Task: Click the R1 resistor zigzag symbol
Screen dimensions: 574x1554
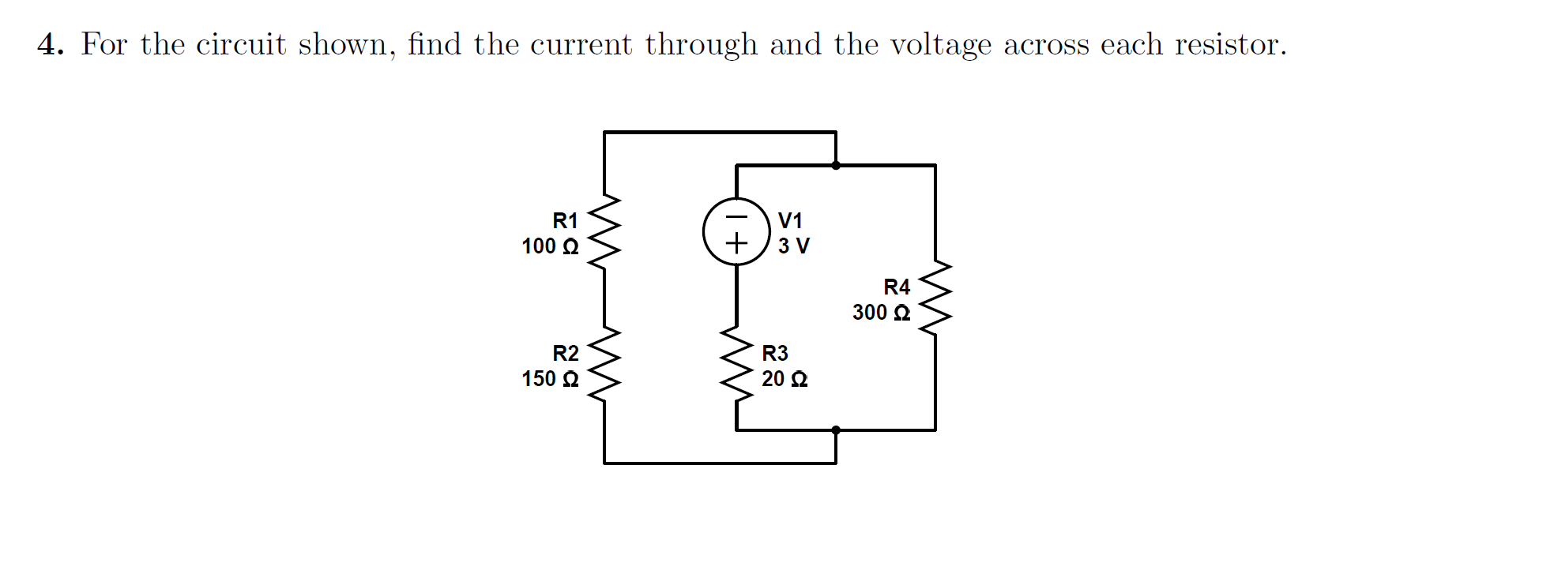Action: click(x=604, y=233)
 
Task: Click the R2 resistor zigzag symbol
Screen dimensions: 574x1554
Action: click(x=604, y=366)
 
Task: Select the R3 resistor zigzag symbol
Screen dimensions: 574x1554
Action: click(x=736, y=366)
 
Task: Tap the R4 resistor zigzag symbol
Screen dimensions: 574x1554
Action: click(x=935, y=299)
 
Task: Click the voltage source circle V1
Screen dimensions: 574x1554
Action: click(x=736, y=232)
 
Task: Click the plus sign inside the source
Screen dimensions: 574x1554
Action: click(x=736, y=243)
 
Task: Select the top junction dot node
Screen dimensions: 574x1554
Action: click(x=836, y=165)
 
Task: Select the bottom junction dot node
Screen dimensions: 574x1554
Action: click(x=836, y=430)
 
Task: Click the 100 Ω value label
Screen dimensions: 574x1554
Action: click(x=550, y=246)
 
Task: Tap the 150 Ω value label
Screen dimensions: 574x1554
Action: click(x=550, y=379)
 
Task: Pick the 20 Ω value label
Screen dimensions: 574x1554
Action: click(x=784, y=379)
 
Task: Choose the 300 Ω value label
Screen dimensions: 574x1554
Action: click(x=881, y=313)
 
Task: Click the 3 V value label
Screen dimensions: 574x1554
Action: click(x=793, y=246)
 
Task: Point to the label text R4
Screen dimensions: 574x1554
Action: click(x=897, y=287)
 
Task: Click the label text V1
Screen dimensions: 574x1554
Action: click(x=790, y=220)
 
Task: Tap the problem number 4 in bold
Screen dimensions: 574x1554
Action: click(x=49, y=45)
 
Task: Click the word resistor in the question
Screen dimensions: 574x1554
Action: click(x=1229, y=45)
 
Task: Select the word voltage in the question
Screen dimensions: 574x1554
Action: click(x=940, y=45)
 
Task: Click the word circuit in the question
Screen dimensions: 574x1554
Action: click(x=241, y=45)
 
